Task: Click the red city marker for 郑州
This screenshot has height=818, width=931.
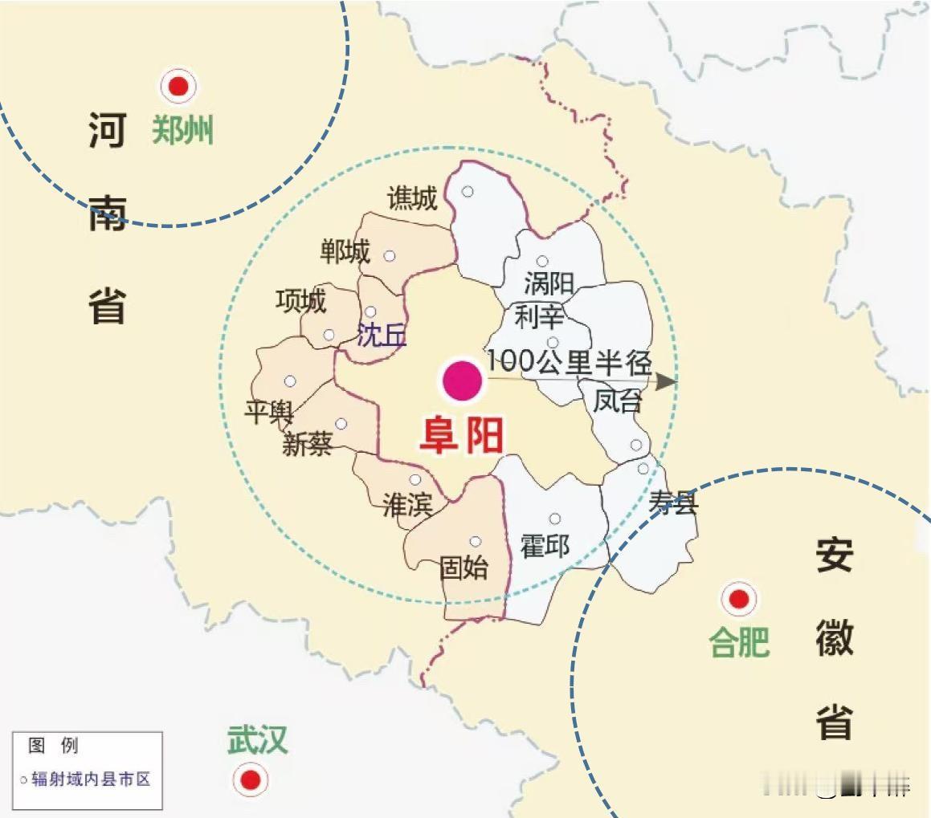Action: click(x=178, y=86)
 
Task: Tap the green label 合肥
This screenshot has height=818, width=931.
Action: click(x=739, y=642)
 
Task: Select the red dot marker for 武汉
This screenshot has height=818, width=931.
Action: click(x=251, y=779)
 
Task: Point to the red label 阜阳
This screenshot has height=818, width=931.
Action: click(x=462, y=436)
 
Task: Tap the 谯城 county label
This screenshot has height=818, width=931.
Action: click(x=412, y=198)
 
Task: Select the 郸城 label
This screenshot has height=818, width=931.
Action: click(x=345, y=253)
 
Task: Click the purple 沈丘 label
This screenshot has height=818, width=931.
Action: click(x=382, y=336)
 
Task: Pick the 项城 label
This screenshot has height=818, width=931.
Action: click(x=300, y=301)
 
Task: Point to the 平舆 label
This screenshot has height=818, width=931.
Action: click(x=268, y=413)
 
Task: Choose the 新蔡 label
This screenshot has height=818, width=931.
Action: click(x=307, y=444)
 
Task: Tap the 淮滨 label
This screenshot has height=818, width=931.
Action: click(x=407, y=504)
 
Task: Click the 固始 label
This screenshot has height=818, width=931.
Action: click(x=463, y=568)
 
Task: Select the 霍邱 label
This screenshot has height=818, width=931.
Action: click(x=545, y=547)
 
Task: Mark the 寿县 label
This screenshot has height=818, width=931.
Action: click(x=673, y=503)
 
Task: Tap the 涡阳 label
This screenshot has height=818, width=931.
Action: click(x=549, y=283)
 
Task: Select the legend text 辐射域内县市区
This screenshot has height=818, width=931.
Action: click(x=91, y=779)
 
